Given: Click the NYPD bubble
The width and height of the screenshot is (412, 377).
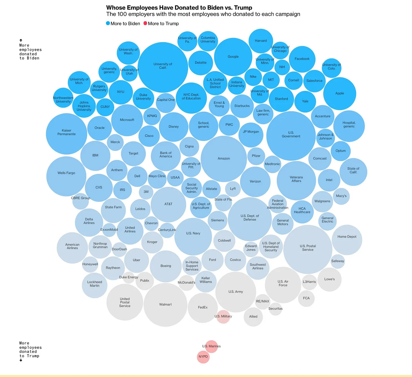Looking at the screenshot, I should pos(203,357).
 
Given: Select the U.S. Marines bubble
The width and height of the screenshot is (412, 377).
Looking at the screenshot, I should pos(211,346).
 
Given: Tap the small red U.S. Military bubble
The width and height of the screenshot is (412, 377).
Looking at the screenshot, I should pos(223,317).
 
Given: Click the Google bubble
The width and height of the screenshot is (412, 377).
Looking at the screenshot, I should pos(233,57).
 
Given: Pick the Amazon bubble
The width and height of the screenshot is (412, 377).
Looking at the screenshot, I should pos(224,159).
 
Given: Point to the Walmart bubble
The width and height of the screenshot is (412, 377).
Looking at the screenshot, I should pos(166,305).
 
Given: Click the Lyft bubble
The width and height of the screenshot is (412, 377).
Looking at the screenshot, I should pos(233,189).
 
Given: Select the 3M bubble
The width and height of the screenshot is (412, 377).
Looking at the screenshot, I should pos(146,192).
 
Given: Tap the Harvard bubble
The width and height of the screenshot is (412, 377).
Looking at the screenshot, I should pos(261,41).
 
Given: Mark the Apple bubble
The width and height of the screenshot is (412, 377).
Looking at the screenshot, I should pos(340,94).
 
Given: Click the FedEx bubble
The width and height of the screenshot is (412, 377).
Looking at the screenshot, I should pos(203,308).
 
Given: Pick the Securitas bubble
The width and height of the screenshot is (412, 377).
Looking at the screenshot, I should pos(275,309).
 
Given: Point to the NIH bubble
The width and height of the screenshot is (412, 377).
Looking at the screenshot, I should pos(282,67).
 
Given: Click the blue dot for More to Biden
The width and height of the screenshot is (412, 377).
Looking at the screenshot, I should pos(108,24).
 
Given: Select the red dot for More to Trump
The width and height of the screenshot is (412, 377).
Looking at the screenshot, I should pos(145,24).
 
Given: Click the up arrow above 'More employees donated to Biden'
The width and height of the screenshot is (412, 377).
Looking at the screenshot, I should pos(21,41).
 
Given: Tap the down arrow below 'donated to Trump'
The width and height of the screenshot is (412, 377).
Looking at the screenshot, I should pos(21,360).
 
